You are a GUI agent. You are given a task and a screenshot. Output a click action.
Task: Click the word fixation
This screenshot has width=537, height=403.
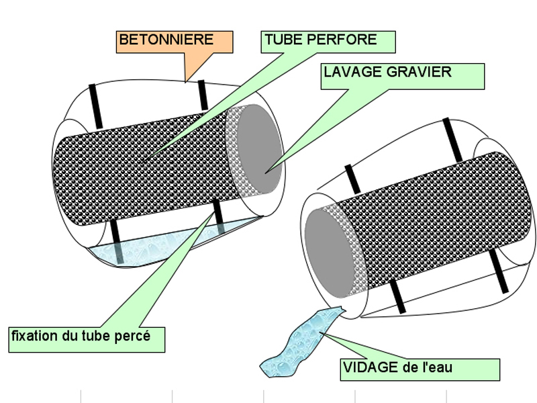click(x=33, y=334)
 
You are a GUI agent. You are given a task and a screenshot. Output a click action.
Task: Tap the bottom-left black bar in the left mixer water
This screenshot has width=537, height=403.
click(x=116, y=242)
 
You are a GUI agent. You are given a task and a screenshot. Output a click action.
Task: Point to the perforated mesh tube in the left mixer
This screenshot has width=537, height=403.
click(x=148, y=168)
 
